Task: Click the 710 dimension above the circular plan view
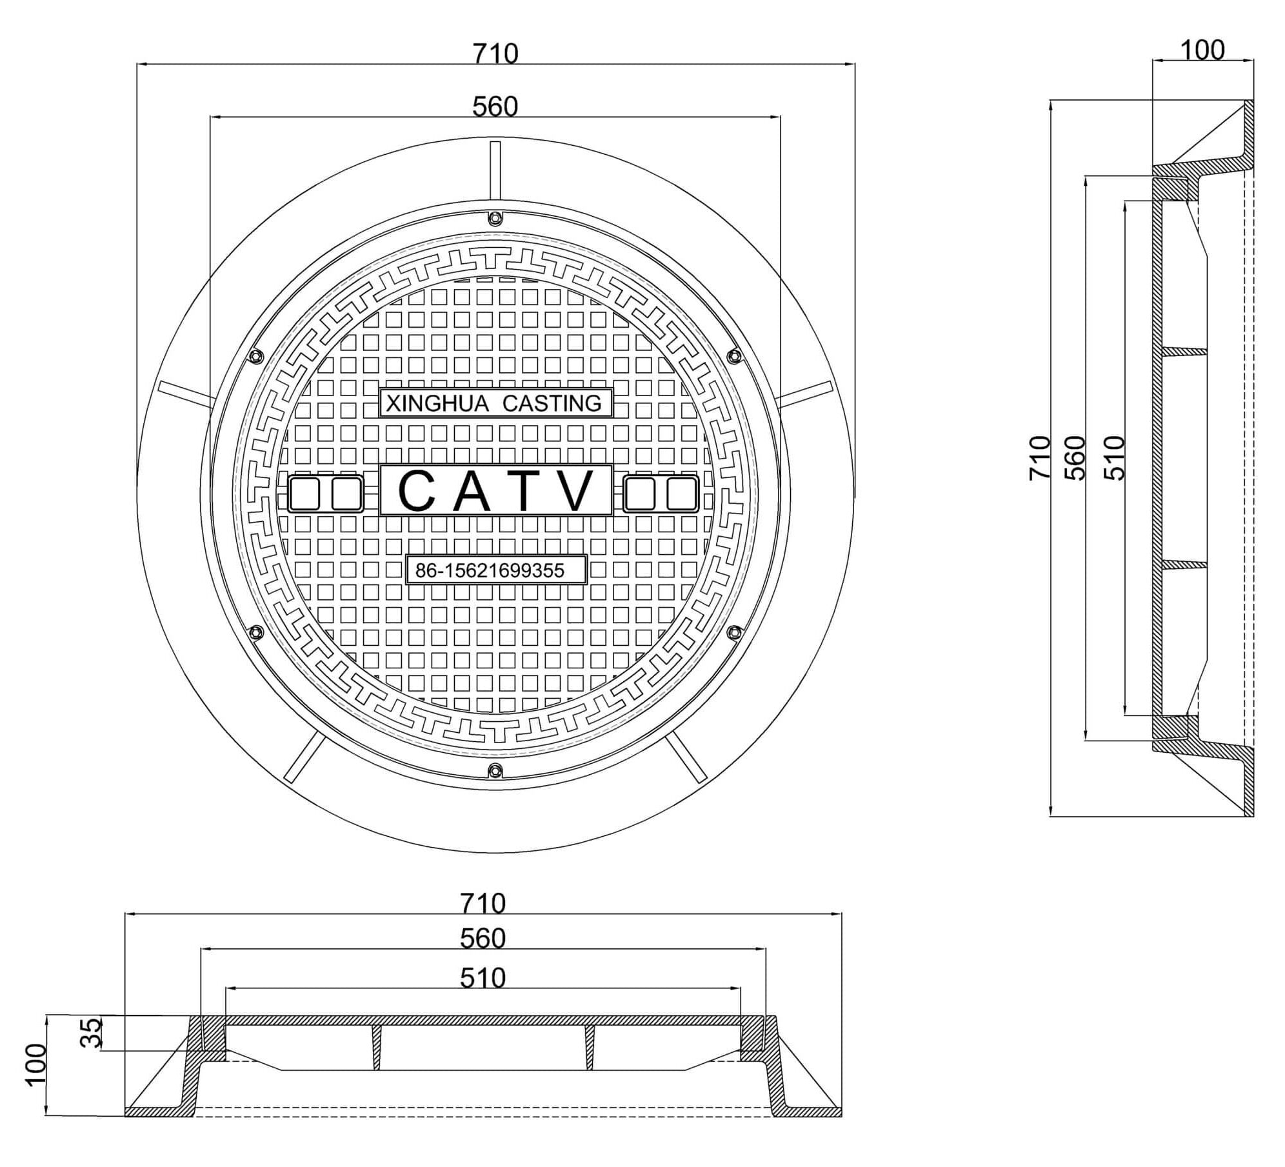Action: (x=495, y=54)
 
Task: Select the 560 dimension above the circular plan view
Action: (x=495, y=106)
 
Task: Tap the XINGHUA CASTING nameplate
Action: (x=495, y=403)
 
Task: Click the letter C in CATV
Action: (x=416, y=490)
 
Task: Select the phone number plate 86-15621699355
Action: (x=496, y=570)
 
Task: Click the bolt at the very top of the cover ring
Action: (x=495, y=219)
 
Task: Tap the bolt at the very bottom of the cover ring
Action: (x=495, y=770)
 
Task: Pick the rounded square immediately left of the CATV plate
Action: (x=346, y=494)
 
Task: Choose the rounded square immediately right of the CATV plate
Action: (x=640, y=494)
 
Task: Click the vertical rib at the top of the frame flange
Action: (x=495, y=171)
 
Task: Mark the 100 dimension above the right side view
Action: (x=1202, y=50)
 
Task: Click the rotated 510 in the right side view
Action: (x=1115, y=458)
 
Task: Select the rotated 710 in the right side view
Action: (x=1040, y=458)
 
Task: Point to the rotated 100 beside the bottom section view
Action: (x=36, y=1066)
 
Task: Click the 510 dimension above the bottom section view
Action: (x=483, y=979)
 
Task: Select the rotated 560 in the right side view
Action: (x=1075, y=458)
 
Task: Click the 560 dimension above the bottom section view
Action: (x=483, y=939)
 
